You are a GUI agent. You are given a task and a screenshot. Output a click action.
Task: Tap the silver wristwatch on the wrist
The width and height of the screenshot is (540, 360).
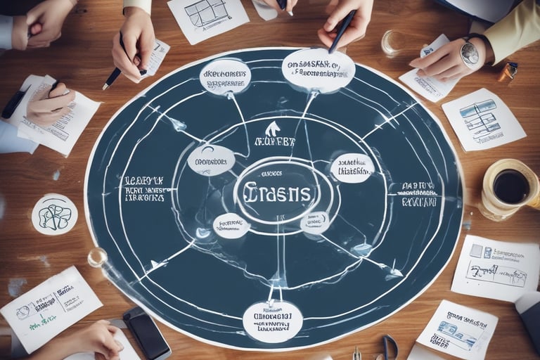click(x=469, y=53)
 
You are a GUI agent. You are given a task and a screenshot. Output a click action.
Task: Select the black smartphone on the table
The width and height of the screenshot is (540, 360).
click(x=146, y=333)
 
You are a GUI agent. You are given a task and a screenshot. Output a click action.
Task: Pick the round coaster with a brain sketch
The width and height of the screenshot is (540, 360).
click(x=54, y=214)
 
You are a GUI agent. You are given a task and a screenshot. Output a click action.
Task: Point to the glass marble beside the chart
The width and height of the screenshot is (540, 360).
click(x=97, y=257)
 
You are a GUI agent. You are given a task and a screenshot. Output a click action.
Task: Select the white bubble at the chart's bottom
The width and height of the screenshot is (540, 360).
click(x=272, y=321)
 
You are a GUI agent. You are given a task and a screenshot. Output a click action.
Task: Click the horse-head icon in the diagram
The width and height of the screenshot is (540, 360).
click(x=272, y=128)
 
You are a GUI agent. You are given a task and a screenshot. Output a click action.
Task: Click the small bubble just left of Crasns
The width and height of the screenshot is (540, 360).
click(x=211, y=160)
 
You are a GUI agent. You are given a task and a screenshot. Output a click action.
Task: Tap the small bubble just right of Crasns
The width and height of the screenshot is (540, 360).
click(x=352, y=168)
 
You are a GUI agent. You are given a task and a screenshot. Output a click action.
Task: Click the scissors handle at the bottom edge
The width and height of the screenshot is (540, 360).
click(x=390, y=347)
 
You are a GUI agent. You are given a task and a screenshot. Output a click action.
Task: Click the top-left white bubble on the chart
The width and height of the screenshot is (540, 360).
click(x=225, y=77)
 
